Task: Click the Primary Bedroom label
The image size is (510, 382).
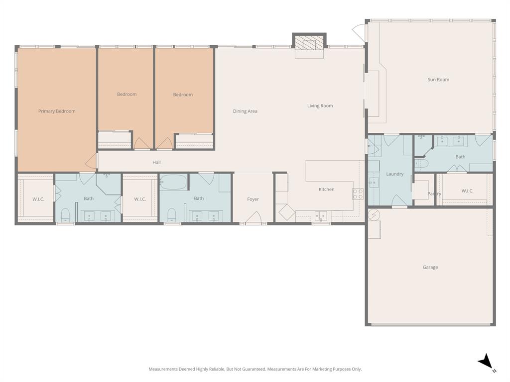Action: pos(57,111)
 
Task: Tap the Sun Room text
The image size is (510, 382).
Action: pos(438,80)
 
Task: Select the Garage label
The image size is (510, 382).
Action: pos(430,267)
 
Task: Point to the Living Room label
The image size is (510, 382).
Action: pos(320,106)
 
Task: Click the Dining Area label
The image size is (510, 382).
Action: pos(245,111)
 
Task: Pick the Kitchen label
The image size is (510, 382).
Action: pos(326,190)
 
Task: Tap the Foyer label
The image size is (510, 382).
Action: pos(253,199)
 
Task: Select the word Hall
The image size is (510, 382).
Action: pos(156,163)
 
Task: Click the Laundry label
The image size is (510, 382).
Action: pos(394,174)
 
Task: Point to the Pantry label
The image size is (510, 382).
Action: pos(434,194)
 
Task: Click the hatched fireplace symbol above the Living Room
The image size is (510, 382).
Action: pos(309,42)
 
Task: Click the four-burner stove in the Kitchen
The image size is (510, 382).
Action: pos(358,193)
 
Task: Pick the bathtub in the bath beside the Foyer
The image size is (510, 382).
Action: pos(173,182)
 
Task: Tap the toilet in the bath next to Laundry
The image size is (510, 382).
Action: pos(421,163)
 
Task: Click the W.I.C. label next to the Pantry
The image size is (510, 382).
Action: pos(467,191)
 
